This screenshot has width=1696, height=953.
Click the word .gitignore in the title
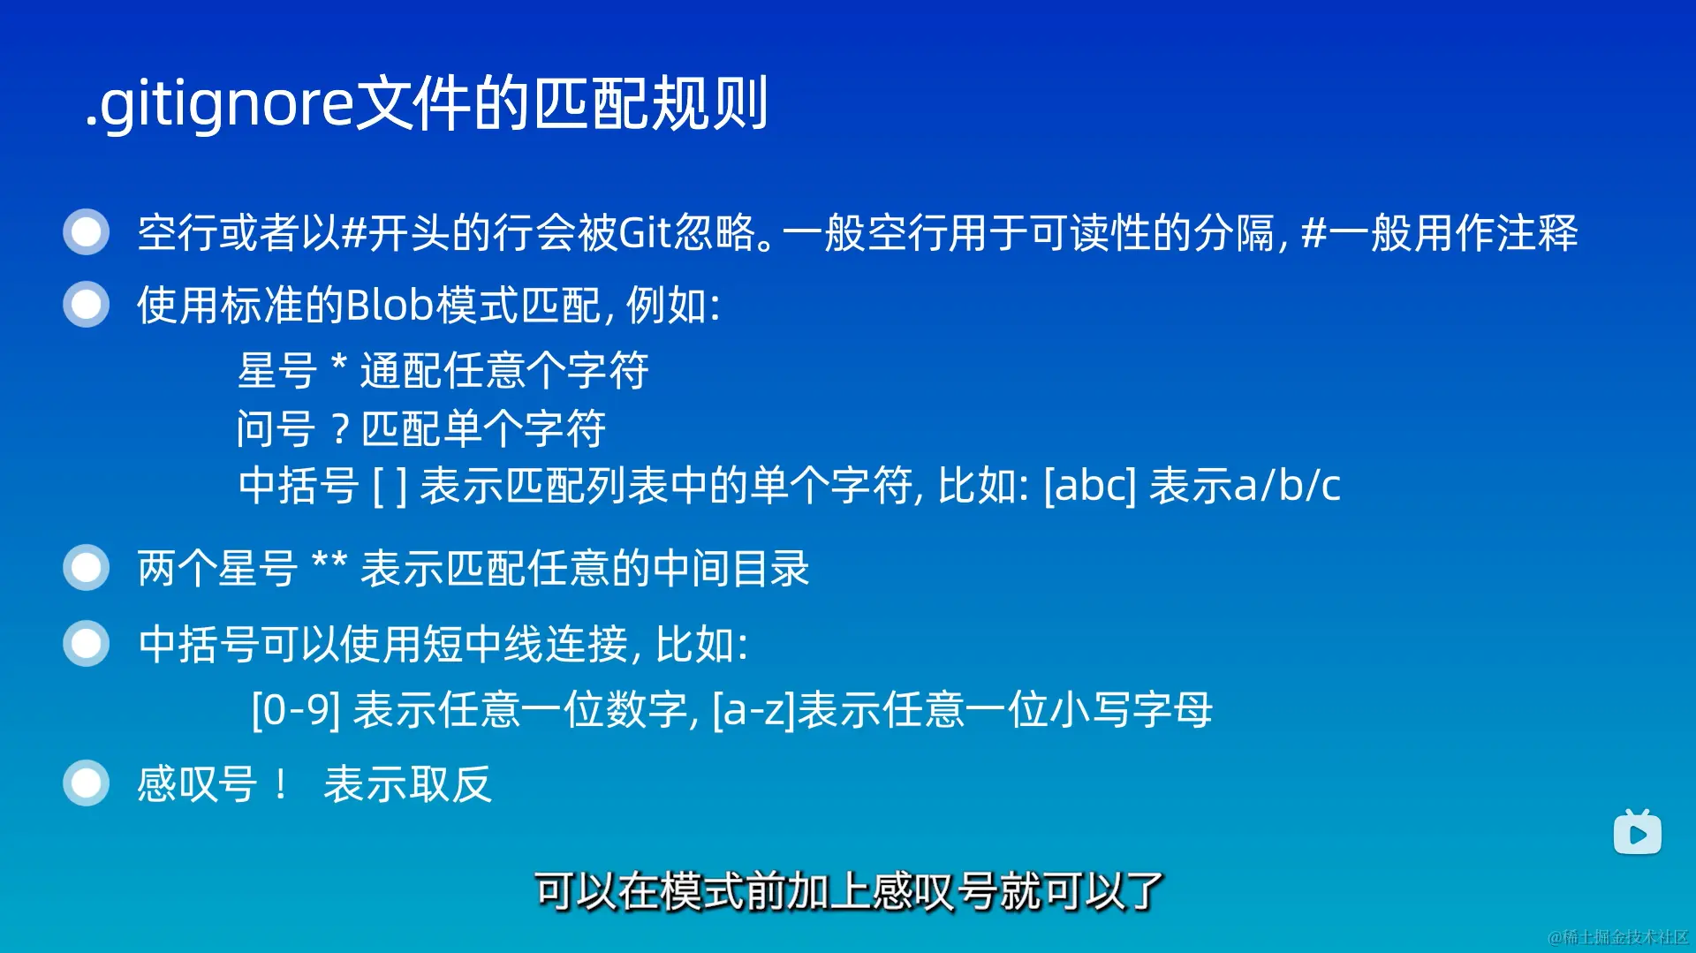point(219,105)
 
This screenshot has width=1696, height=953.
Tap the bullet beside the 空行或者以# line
point(86,232)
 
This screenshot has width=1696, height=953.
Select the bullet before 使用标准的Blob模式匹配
point(86,305)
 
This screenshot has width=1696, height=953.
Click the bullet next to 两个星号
point(86,568)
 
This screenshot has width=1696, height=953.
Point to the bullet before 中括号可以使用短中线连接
point(86,643)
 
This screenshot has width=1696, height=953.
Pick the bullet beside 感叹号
point(86,783)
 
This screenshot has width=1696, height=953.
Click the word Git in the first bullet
point(646,233)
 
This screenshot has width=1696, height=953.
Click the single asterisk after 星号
point(338,364)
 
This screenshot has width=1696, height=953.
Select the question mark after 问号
point(341,430)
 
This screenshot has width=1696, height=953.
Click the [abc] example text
point(1090,486)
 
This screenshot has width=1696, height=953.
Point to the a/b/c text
point(1287,486)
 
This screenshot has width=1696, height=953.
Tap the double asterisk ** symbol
point(330,562)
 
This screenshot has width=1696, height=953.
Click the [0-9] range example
point(296,710)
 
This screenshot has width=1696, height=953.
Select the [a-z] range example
point(754,710)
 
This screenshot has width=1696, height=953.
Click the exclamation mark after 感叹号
point(281,784)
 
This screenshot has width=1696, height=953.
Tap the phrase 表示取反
point(407,784)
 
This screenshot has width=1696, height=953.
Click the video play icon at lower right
point(1637,832)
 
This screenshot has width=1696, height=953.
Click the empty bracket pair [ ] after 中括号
point(390,486)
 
